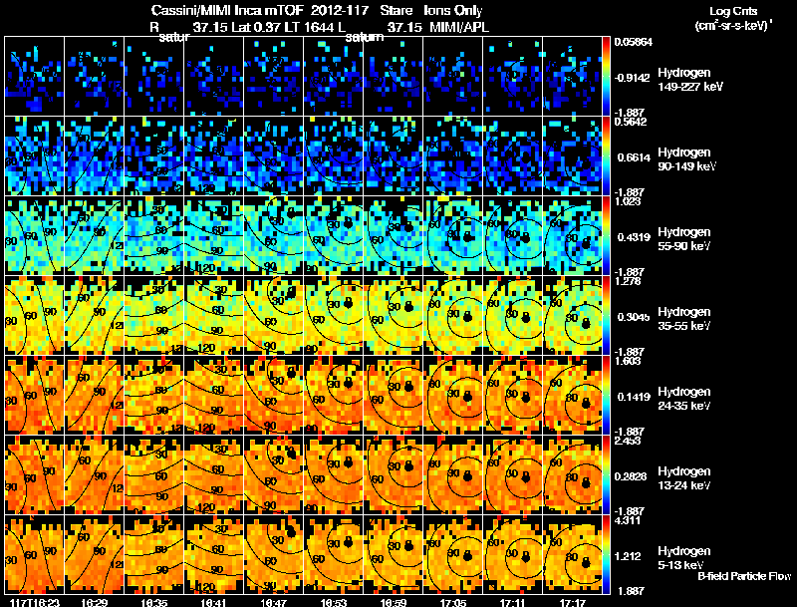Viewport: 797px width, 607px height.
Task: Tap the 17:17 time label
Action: tap(572, 602)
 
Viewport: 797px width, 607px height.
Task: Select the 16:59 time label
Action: tap(395, 602)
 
